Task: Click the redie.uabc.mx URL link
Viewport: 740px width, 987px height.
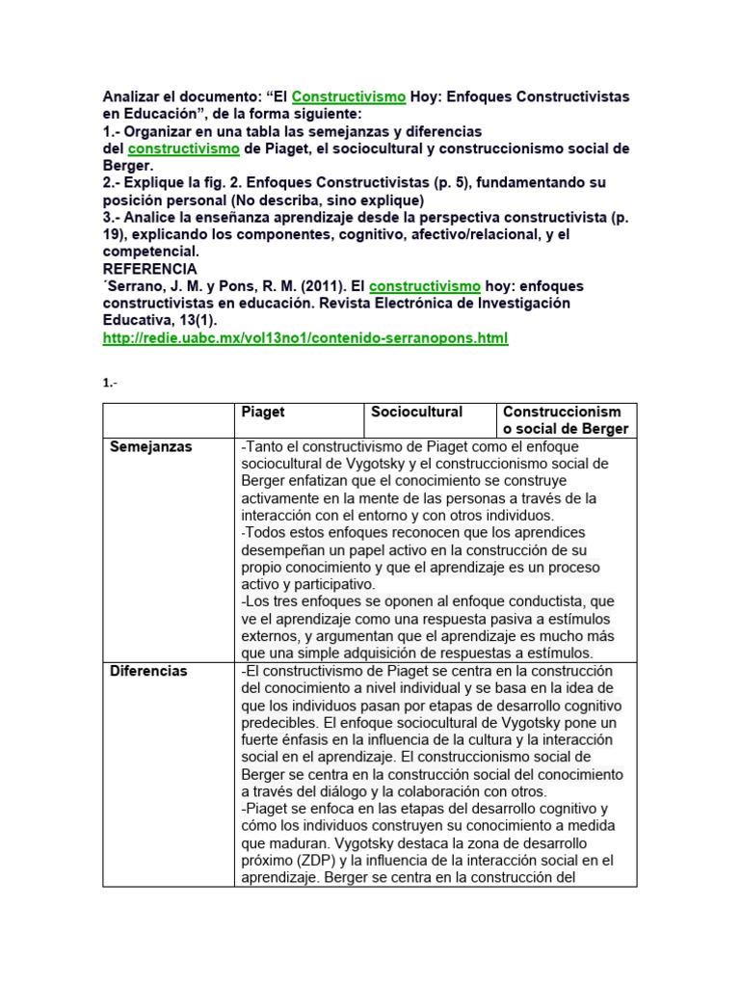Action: tap(304, 338)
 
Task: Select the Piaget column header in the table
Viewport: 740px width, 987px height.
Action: tap(263, 412)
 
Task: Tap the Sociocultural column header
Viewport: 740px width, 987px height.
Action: tap(417, 412)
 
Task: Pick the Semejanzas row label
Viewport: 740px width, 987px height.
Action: tap(150, 447)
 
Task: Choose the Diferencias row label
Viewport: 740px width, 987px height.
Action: tap(149, 671)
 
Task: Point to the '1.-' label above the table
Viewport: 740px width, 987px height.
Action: tap(109, 384)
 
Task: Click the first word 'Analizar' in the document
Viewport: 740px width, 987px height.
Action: tap(135, 97)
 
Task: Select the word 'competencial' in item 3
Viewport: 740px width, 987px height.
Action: tap(150, 252)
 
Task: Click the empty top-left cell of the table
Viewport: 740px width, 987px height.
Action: tap(168, 420)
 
